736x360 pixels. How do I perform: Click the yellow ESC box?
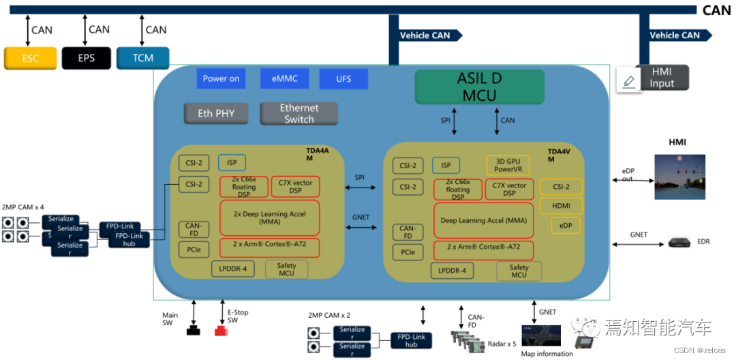point(30,58)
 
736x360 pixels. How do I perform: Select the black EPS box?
point(86,58)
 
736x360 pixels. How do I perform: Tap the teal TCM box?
point(142,58)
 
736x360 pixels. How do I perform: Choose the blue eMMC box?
point(284,78)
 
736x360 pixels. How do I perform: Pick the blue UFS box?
point(343,78)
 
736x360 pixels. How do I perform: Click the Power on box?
point(221,78)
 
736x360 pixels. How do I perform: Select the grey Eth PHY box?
point(215,113)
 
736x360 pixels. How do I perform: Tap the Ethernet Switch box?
point(298,113)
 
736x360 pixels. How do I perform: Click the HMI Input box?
point(661,78)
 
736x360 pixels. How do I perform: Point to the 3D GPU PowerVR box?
point(507,165)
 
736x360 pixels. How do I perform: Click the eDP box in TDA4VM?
point(565,225)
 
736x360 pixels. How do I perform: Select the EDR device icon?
point(679,241)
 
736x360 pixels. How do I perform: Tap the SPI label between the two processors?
point(359,177)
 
